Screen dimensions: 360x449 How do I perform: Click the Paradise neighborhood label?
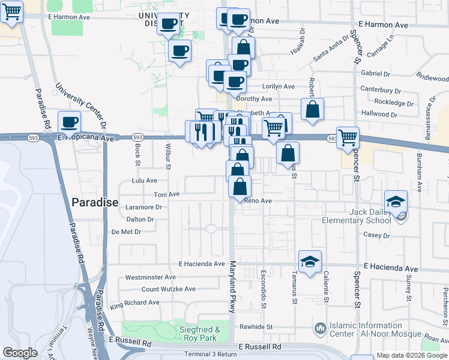(x=95, y=202)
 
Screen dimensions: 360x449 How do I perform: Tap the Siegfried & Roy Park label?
(x=200, y=334)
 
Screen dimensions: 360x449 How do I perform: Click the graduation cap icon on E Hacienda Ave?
(x=310, y=262)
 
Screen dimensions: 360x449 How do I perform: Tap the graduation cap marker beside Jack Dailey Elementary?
(x=396, y=202)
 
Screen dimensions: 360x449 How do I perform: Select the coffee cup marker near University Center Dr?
(x=70, y=122)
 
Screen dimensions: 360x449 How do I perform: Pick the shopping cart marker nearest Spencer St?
(x=348, y=137)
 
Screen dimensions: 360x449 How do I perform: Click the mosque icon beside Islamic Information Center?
(x=319, y=329)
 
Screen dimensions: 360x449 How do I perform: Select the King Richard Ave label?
(x=134, y=304)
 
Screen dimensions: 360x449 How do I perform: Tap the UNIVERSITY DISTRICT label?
(x=163, y=19)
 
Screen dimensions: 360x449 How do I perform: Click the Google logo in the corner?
(x=20, y=353)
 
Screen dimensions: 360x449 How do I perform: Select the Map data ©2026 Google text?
(x=411, y=355)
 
